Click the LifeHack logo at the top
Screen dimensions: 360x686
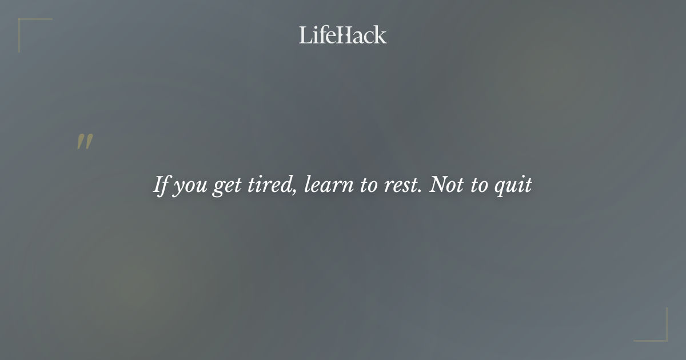[x=342, y=35]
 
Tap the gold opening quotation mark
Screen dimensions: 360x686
[x=85, y=142]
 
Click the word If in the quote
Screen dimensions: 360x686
[x=161, y=185]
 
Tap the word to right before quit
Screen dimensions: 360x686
[x=478, y=186]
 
